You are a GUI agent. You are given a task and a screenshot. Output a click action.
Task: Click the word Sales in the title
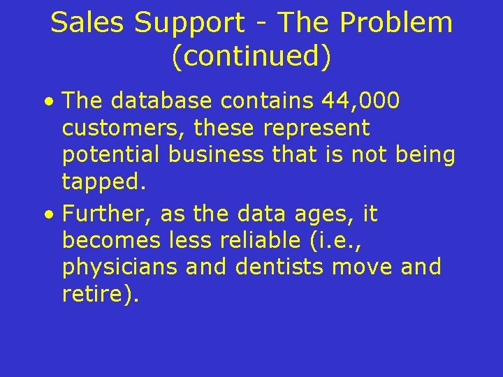[x=89, y=23]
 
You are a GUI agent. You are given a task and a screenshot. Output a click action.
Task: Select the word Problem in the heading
[x=396, y=23]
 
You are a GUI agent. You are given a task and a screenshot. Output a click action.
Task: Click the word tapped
[x=103, y=182]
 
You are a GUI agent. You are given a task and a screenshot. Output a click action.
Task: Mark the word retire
[x=98, y=294]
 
